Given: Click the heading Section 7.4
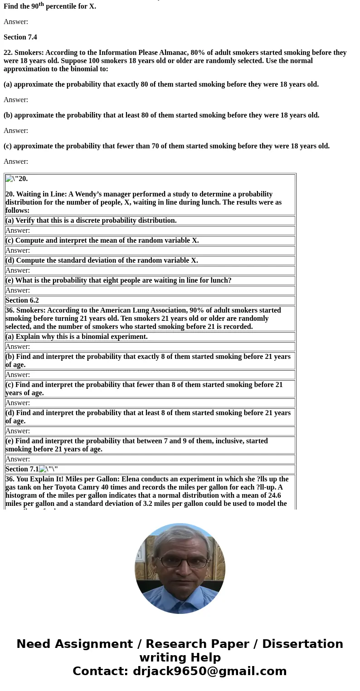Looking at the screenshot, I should click(x=20, y=37).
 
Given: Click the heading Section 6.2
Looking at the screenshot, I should click(x=22, y=300).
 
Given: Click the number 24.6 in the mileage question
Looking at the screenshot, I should click(x=273, y=495).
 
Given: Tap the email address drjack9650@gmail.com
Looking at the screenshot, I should click(x=209, y=671).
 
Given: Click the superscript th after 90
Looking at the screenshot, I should click(x=41, y=4).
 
